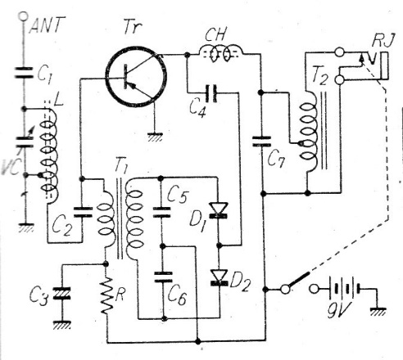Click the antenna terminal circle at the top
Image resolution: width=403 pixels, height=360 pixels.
click(23, 16)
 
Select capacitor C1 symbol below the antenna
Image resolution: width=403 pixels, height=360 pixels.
click(24, 72)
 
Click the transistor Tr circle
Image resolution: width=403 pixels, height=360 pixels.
click(136, 77)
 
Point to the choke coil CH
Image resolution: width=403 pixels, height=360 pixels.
click(220, 54)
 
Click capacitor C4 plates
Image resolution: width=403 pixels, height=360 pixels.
click(211, 93)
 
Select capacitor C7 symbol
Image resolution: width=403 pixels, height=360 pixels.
click(261, 142)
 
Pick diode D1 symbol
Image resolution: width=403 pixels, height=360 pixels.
click(218, 210)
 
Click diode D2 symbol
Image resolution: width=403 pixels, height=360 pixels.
click(220, 277)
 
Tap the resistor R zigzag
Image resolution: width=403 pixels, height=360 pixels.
click(107, 295)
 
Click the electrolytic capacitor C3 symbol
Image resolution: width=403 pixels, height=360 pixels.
click(62, 293)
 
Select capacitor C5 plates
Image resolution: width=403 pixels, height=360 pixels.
click(161, 212)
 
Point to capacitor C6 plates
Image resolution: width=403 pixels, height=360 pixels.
click(163, 277)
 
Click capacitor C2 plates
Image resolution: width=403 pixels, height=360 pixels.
click(83, 212)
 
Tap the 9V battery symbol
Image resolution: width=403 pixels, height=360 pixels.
click(345, 289)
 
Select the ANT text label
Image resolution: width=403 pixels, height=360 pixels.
click(47, 25)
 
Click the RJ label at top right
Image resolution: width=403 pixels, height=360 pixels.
click(383, 41)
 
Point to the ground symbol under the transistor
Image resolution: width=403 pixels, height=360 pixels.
click(155, 137)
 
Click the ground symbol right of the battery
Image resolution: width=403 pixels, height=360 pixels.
click(378, 312)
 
